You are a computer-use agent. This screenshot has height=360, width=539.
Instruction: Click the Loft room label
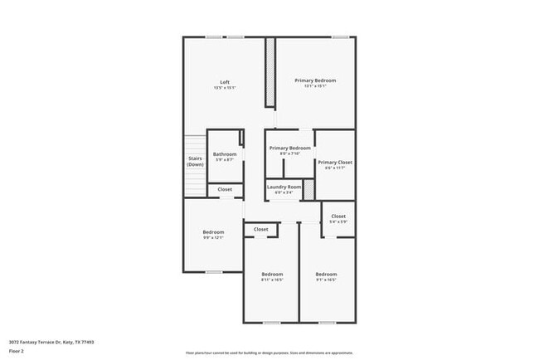224,84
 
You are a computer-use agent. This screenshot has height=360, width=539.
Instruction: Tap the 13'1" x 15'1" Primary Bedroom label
315,83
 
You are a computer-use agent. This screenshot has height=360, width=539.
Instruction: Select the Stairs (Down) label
195,161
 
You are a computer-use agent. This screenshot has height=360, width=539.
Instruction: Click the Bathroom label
225,157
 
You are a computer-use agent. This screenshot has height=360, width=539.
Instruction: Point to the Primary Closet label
335,164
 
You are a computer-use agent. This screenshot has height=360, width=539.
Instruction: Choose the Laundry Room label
284,189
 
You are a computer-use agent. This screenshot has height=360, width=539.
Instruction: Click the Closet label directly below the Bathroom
225,190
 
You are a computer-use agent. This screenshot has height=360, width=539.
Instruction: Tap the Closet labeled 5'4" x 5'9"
337,218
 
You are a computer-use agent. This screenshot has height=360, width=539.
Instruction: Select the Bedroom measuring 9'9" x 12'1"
213,235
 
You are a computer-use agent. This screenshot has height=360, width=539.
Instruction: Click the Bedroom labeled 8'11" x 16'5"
272,277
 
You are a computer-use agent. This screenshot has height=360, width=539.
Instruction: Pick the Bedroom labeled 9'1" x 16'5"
326,277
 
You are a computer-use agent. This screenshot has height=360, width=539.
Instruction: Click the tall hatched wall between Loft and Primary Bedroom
269,72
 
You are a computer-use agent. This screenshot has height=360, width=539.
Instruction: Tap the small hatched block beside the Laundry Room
309,188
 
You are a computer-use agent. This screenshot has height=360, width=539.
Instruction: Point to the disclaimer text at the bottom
269,352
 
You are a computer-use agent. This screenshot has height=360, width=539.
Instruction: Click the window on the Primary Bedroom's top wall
339,36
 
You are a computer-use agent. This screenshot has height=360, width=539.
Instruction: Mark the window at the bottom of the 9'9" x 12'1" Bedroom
213,272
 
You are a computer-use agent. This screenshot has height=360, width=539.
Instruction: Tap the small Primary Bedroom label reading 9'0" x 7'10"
289,150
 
